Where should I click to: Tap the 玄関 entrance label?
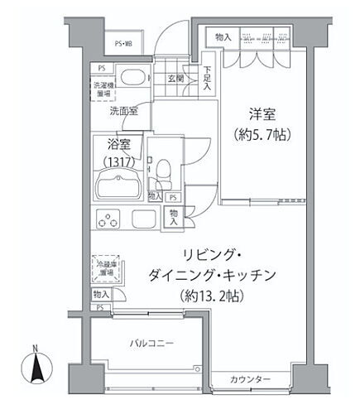(x=175, y=79)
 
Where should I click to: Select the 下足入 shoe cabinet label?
(x=207, y=79)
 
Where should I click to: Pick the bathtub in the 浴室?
(x=119, y=185)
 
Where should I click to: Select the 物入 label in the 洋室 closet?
(x=222, y=36)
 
